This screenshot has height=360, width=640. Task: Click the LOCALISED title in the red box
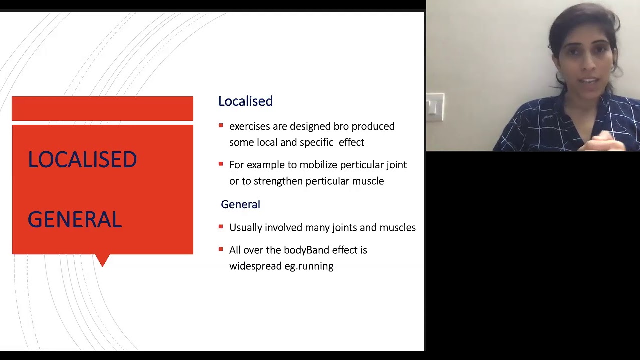[x=82, y=160]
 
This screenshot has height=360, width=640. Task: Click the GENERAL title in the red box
[x=75, y=220]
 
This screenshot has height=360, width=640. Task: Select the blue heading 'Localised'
[x=245, y=101]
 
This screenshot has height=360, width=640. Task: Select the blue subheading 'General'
[x=240, y=204]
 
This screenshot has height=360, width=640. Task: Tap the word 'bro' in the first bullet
[x=341, y=126]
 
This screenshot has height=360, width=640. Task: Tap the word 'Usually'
[x=245, y=228]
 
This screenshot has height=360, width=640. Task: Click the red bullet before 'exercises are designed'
[x=221, y=126]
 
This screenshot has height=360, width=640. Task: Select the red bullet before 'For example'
[x=221, y=164]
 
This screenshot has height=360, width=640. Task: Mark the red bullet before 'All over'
[x=221, y=249]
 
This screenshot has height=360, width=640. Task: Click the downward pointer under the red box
[x=102, y=260]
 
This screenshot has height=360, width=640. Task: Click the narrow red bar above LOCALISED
[x=102, y=108]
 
